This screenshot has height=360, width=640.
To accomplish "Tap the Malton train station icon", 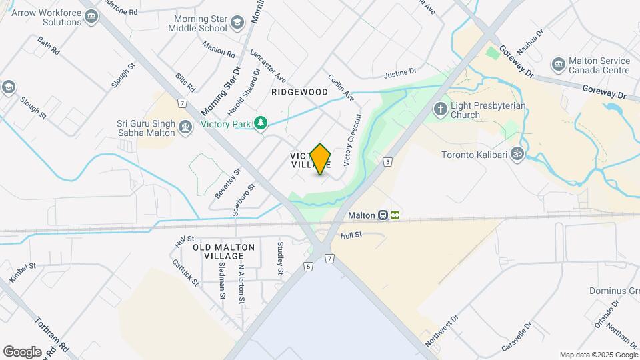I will pyautogui.click(x=383, y=215).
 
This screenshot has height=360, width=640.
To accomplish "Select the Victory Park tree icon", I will pyautogui.click(x=262, y=123).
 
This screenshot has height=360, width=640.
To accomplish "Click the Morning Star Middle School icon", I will pyautogui.click(x=237, y=25).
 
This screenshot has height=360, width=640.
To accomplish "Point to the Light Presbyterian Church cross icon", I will pyautogui.click(x=440, y=109).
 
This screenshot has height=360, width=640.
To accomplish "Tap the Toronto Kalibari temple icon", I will pyautogui.click(x=515, y=155).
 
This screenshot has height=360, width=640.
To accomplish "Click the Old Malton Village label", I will pyautogui.click(x=224, y=251).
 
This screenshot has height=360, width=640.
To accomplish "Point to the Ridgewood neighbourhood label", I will pyautogui.click(x=299, y=92).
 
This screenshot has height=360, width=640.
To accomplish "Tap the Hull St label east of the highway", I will pyautogui.click(x=350, y=235).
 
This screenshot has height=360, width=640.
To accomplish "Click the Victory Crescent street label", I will pyautogui.click(x=351, y=141).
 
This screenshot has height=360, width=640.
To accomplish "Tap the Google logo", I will pyautogui.click(x=22, y=351).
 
